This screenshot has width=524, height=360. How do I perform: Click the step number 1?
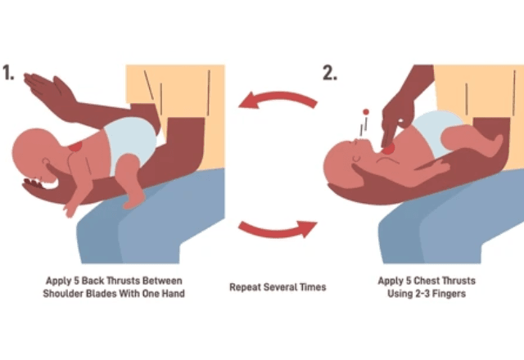click(8, 73)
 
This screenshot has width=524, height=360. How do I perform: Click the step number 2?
click(330, 73)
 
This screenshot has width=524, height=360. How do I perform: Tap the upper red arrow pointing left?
click(277, 98)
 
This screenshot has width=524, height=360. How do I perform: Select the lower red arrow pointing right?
click(278, 229)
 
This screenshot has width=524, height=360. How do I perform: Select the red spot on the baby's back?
click(76, 146)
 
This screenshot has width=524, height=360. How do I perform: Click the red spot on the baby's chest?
click(389, 149)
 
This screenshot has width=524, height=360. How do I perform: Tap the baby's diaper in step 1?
click(129, 140)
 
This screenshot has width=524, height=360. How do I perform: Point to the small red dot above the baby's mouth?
click(366, 111)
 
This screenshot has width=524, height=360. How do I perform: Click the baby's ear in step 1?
click(46, 162)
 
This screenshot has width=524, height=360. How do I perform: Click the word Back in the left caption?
click(93, 281)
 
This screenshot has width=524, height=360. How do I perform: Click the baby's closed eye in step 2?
click(356, 158)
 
